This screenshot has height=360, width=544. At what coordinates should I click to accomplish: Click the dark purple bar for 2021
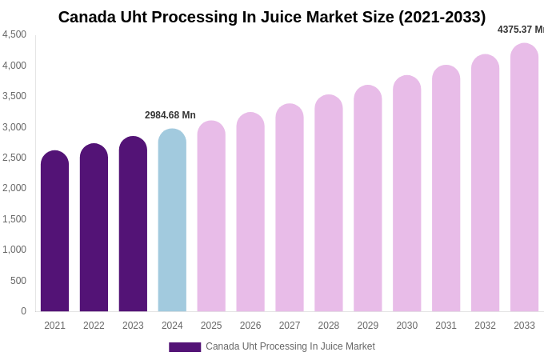click(54, 232)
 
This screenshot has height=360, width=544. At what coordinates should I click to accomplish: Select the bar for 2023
click(133, 224)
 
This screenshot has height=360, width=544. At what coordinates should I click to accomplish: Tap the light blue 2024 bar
click(172, 220)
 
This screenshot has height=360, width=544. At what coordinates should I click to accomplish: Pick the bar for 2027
click(290, 208)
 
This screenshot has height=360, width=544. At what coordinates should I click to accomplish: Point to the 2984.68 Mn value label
click(170, 115)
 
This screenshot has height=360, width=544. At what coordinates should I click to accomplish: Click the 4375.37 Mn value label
click(520, 30)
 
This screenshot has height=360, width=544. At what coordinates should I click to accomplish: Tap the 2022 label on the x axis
click(94, 326)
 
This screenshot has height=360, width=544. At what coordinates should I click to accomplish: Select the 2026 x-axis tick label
click(250, 326)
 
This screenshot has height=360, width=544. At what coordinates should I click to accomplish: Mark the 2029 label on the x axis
click(368, 326)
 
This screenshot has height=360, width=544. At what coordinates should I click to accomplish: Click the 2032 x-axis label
click(485, 326)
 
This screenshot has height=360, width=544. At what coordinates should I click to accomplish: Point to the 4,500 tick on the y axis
click(14, 34)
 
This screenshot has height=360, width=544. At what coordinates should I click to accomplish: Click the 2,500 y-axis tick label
click(14, 158)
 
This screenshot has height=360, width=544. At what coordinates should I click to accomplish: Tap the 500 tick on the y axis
click(18, 281)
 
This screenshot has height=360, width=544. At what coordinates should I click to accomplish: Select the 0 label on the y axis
click(23, 311)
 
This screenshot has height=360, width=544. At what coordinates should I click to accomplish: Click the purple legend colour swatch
click(185, 347)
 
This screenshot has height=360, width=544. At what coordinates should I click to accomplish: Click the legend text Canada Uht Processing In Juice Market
click(290, 346)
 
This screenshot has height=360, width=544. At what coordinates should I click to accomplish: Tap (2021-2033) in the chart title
click(442, 17)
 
